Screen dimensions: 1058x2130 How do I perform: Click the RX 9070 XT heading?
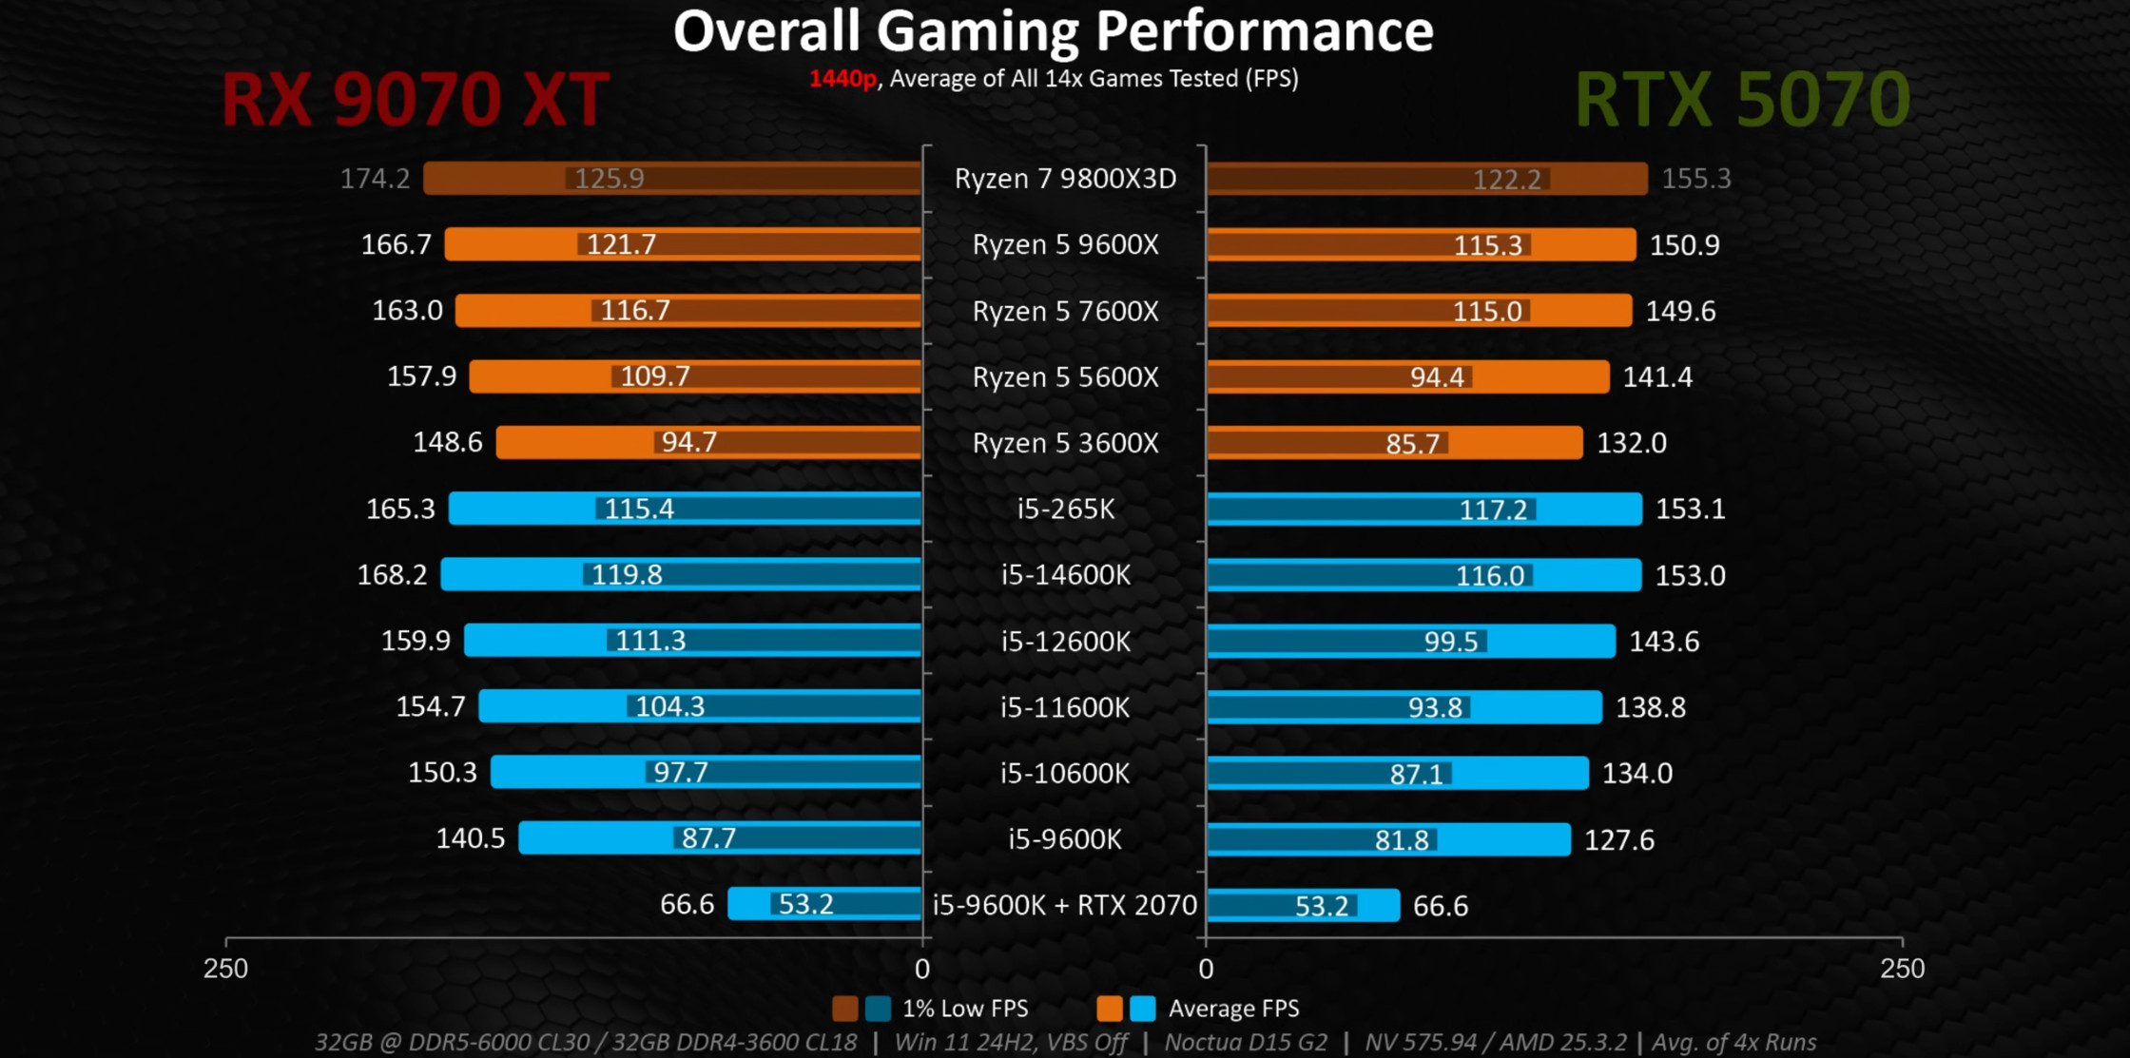[x=415, y=99]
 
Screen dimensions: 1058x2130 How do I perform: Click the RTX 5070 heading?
[x=1742, y=99]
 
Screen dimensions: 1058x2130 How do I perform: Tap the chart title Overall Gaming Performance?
[x=1053, y=31]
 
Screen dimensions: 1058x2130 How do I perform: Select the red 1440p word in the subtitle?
[x=842, y=79]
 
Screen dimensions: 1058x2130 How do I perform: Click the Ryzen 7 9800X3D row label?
[x=1065, y=179]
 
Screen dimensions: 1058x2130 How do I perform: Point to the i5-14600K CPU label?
[x=1065, y=575]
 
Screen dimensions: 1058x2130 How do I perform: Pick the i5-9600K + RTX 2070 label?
[x=1065, y=905]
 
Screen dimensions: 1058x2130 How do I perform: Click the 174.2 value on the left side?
[x=375, y=179]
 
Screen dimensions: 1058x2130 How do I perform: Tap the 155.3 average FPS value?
[x=1695, y=179]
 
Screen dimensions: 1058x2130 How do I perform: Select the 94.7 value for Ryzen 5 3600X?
[x=688, y=442]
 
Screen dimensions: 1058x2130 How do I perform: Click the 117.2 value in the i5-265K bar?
[x=1493, y=510]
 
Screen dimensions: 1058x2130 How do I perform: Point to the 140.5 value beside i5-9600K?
[x=470, y=838]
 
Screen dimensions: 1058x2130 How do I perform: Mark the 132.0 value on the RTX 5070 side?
[x=1631, y=443]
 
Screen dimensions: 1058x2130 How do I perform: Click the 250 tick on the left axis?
[x=225, y=969]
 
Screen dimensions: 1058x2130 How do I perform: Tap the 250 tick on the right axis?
[x=1902, y=969]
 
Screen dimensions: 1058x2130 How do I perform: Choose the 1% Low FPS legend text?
[x=964, y=1009]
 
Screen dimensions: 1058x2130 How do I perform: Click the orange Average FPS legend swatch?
[x=1109, y=1009]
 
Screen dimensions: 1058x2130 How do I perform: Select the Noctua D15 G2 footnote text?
[x=1246, y=1043]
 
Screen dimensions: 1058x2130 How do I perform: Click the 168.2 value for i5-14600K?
[x=392, y=575]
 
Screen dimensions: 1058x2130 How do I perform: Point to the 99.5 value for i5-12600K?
[x=1450, y=642]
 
